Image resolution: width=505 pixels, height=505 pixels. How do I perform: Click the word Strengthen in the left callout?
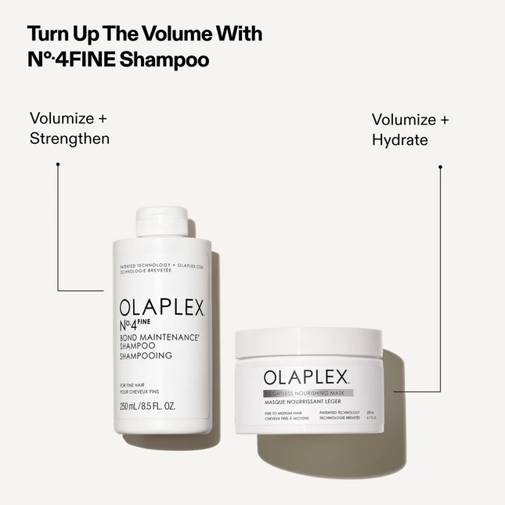70,139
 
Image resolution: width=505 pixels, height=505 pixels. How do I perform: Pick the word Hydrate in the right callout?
399,140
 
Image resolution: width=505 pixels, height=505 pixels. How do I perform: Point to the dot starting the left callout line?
58,164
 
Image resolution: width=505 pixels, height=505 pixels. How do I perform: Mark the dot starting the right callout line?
440,167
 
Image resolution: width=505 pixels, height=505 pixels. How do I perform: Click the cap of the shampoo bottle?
161,221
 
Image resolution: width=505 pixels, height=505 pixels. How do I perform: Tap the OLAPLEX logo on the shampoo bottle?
161,308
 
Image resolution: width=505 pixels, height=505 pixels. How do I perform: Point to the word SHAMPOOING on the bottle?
146,355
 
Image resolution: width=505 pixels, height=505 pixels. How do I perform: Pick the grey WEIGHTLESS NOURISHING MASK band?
308,392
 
